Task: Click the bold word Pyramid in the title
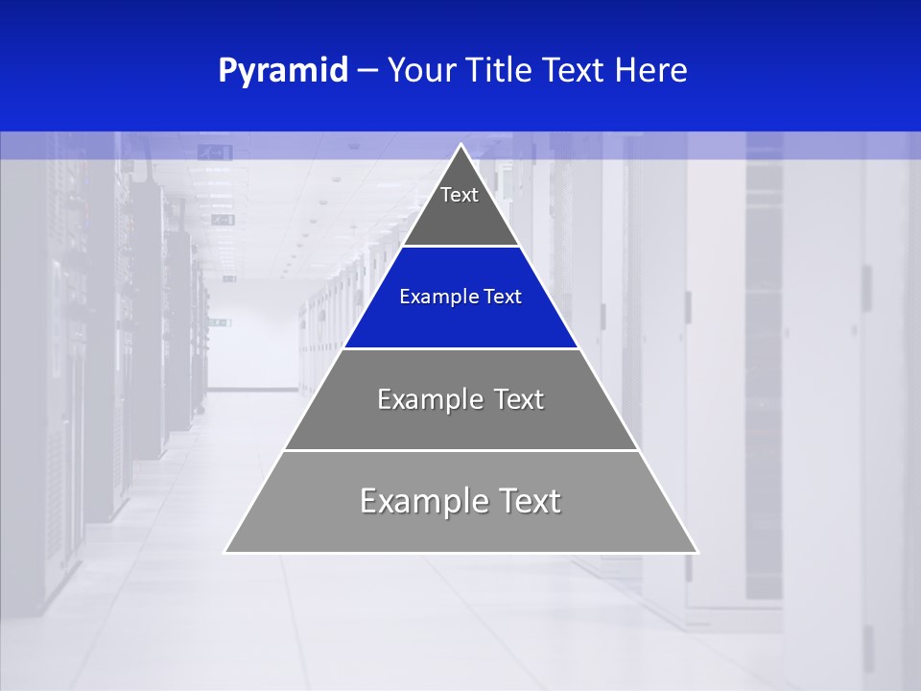(283, 71)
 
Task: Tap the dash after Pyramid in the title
(367, 71)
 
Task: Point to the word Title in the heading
(502, 71)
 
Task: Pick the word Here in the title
(651, 71)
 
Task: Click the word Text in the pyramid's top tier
(460, 195)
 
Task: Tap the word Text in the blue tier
(503, 298)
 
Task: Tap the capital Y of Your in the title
(395, 71)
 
